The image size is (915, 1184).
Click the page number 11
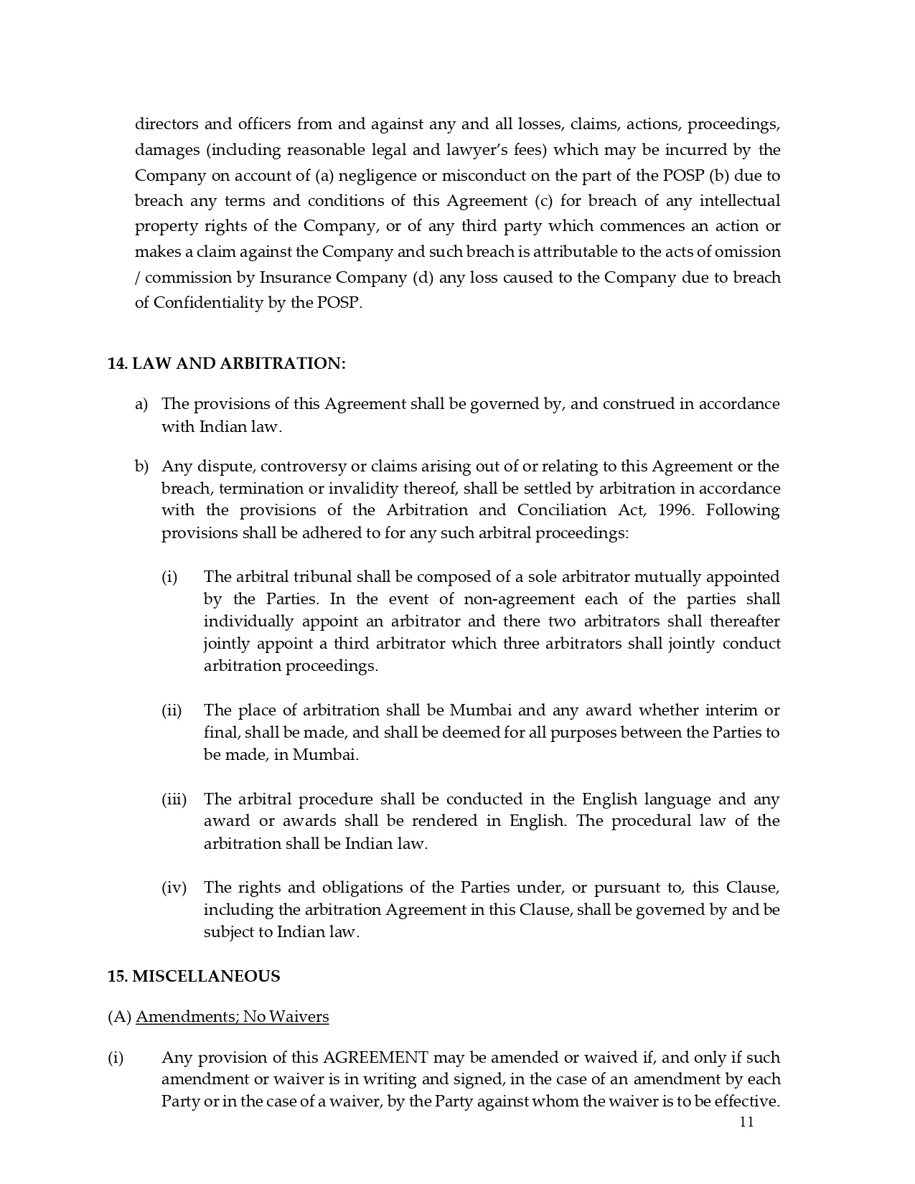pos(746,1122)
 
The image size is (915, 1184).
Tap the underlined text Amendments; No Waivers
pos(232,1017)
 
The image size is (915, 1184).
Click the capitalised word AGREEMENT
pos(375,1058)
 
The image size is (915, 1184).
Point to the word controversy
pos(304,466)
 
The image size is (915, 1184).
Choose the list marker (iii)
pos(174,799)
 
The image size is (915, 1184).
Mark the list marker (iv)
pos(174,888)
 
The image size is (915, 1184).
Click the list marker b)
pos(141,466)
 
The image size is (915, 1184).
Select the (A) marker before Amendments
pos(119,1017)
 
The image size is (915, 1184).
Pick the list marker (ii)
pos(172,710)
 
